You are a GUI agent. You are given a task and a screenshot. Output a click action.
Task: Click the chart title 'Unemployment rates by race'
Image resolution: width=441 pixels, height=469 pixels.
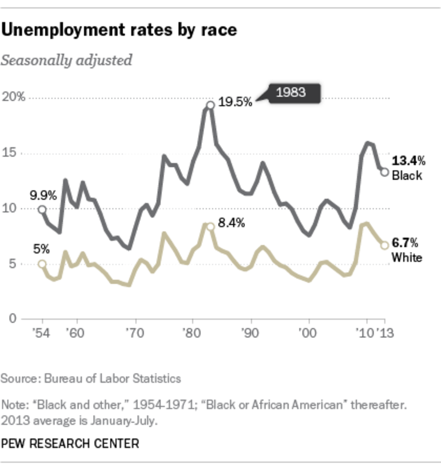(x=119, y=30)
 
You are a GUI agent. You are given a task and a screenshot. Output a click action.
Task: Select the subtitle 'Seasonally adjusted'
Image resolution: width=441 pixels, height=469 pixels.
(x=66, y=61)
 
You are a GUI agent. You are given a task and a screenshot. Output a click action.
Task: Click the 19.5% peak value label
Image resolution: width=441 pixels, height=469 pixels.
(x=235, y=102)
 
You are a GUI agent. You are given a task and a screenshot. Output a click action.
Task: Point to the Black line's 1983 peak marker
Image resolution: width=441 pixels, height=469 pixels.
(x=210, y=105)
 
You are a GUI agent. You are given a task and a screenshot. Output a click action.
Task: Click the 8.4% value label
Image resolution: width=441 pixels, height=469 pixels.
(x=231, y=223)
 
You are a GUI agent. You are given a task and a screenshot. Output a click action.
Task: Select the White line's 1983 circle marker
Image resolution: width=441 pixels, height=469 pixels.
(x=210, y=227)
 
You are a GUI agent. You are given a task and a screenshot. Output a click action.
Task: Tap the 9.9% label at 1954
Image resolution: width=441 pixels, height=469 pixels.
(x=43, y=195)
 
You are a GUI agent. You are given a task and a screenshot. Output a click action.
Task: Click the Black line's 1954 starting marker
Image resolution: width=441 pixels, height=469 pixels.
(x=42, y=210)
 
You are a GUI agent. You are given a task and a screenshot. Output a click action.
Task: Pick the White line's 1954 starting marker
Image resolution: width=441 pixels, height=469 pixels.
(x=42, y=264)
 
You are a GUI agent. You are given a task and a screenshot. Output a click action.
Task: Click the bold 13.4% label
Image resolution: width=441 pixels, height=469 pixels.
(x=408, y=161)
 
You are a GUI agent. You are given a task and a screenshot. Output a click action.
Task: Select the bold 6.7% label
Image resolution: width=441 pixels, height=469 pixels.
(x=405, y=243)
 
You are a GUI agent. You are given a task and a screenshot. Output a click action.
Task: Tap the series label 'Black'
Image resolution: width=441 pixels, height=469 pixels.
(x=407, y=175)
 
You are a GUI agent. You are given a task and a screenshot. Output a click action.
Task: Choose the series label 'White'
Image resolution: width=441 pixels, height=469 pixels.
(x=407, y=258)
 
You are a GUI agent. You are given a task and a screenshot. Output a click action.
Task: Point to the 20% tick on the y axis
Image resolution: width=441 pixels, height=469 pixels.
(x=14, y=97)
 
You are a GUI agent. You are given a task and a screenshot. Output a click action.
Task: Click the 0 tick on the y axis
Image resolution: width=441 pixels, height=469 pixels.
(x=13, y=319)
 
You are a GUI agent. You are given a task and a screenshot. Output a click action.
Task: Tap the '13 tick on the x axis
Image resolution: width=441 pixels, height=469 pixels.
(x=385, y=333)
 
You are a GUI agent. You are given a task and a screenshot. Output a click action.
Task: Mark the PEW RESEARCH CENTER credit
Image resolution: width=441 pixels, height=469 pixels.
(x=70, y=444)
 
